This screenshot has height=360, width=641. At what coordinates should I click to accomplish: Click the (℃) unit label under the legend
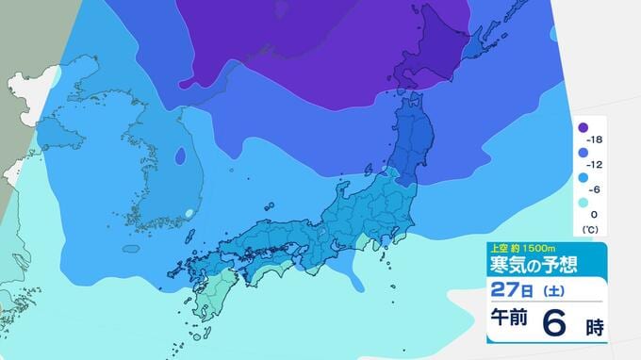coord(592,229)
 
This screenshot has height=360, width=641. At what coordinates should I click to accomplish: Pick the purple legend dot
coord(583,128)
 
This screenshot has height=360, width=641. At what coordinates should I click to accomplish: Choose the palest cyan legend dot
coord(583,202)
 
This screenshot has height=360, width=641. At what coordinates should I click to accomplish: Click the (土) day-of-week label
coord(550,288)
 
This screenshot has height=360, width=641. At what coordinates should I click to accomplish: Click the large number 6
coord(555,323)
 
